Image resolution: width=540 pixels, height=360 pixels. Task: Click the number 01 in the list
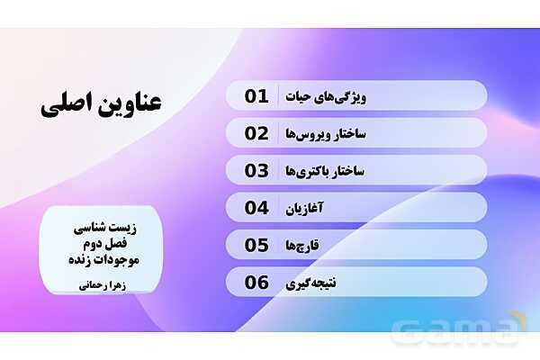(x=257, y=96)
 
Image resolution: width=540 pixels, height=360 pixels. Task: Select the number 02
(x=257, y=133)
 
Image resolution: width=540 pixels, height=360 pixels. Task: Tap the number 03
(x=257, y=170)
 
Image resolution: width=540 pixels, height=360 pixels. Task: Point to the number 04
(x=257, y=208)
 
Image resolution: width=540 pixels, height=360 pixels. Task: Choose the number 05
(x=257, y=245)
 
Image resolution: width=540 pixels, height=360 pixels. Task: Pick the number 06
(x=257, y=283)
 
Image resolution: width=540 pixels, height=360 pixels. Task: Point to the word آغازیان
(x=339, y=208)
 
